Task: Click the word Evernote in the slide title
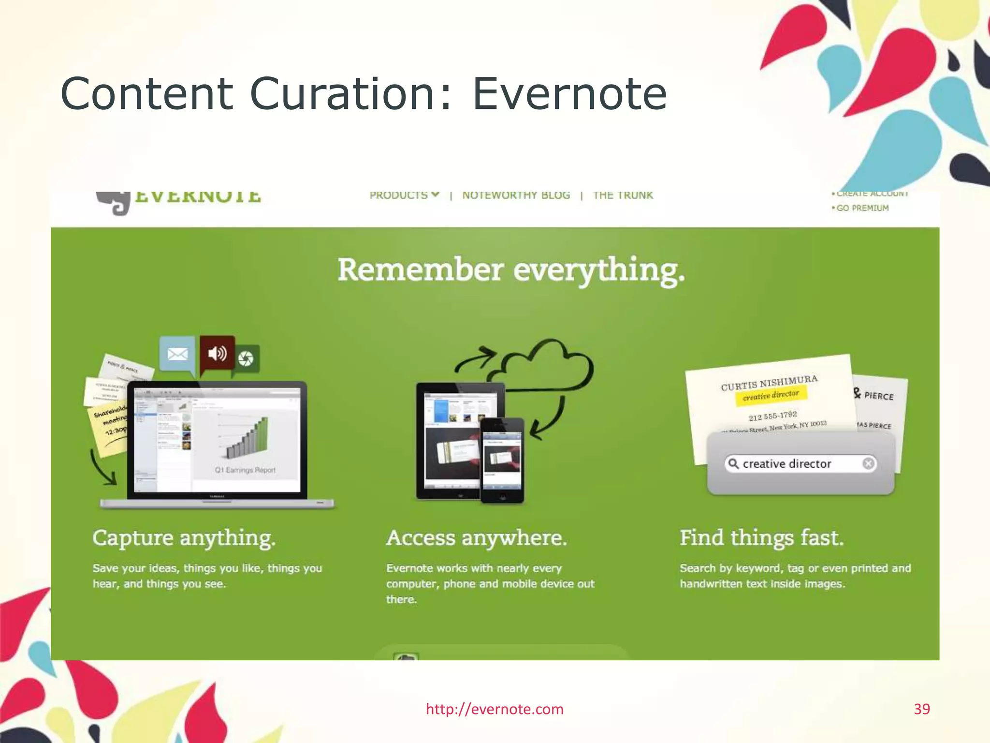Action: click(569, 94)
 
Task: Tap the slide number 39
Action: click(921, 709)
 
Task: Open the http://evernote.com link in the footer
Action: click(495, 709)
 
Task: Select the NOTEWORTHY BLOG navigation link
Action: click(516, 195)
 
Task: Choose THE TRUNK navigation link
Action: click(623, 195)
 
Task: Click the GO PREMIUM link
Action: click(862, 208)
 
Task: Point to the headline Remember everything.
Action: click(511, 270)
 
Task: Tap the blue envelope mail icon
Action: click(177, 354)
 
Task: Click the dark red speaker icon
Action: click(218, 354)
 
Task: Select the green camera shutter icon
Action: click(246, 358)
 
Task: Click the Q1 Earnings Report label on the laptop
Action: click(245, 470)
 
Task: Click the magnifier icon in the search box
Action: click(733, 463)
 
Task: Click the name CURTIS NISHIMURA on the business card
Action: click(769, 383)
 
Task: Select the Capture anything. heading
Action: click(184, 538)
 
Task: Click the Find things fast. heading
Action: click(762, 538)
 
